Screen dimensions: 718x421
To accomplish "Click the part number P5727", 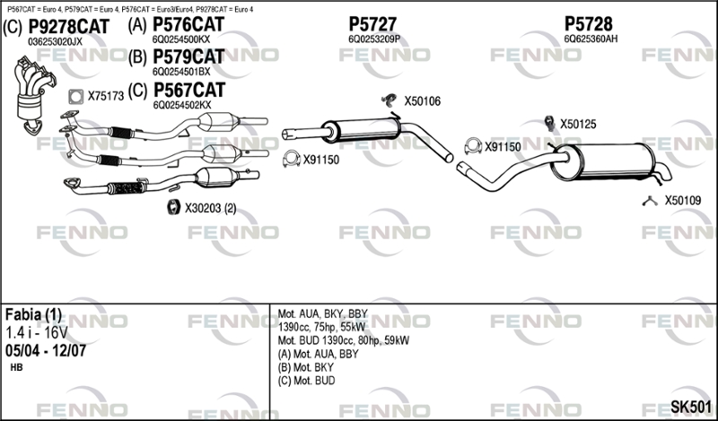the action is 372,23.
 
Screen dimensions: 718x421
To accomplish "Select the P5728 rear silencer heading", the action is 588,23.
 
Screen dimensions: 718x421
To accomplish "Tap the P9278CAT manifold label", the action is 69,27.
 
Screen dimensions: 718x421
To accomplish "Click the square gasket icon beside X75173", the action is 75,96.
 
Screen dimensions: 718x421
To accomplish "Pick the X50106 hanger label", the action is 422,101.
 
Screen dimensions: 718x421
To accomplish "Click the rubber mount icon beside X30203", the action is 173,207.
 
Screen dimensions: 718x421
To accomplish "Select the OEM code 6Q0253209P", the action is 374,39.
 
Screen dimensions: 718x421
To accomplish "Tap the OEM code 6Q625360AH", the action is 591,39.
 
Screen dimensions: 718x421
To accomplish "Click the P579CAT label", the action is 188,57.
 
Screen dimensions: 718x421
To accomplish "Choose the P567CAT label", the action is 189,91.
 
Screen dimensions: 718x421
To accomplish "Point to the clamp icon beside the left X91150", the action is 291,159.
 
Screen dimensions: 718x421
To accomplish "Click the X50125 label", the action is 578,124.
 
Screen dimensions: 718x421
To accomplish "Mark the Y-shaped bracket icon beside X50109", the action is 650,200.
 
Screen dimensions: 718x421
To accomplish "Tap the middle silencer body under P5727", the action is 361,130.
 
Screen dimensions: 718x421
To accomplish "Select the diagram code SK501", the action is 691,407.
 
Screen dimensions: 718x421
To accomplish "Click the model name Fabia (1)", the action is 33,314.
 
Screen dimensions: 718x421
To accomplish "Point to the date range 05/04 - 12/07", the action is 46,350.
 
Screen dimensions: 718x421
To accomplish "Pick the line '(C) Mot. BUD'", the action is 306,381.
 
